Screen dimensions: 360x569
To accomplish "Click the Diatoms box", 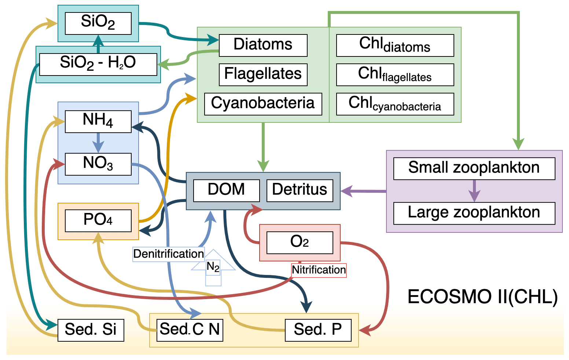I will pos(263,45).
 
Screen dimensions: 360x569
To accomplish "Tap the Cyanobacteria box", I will pos(263,104).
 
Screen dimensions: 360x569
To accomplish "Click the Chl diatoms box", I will pos(395,45).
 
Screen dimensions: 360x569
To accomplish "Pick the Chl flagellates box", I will pos(395,75).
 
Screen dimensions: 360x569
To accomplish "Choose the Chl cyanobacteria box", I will pos(395,104).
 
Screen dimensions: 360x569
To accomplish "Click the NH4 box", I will pos(98,121).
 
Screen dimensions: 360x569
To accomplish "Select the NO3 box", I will pos(98,164).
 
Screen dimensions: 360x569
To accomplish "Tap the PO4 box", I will pos(98,221).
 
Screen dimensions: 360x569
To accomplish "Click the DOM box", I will pos(226,190).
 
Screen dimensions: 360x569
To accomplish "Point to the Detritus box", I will pos(300,190).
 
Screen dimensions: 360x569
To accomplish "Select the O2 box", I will pos(300,242).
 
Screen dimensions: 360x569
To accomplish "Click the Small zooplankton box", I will pos(474,168).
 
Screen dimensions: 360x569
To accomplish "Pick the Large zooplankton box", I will pos(474,213).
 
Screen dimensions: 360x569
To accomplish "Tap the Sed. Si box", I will pos(91,330).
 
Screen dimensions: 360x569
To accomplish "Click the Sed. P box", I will pos(318,330).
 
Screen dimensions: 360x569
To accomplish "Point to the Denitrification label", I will pos(168,254).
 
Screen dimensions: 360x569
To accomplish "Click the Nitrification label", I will pos(319,270).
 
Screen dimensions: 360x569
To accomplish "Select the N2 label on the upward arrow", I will pos(213,267).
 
